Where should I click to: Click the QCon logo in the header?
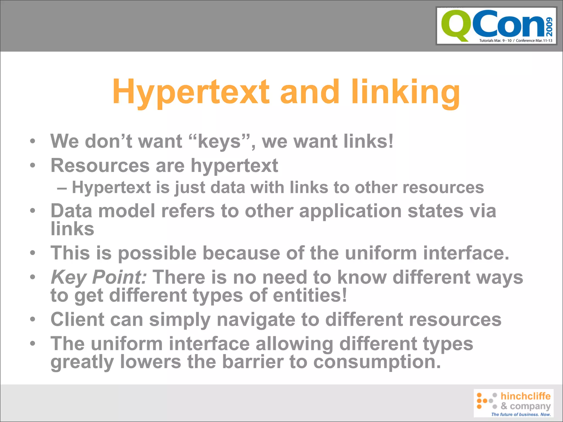(x=496, y=26)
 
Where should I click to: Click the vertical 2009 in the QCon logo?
(x=549, y=27)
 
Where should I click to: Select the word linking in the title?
(x=405, y=92)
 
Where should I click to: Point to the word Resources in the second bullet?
(x=100, y=165)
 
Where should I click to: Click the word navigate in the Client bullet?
(x=256, y=320)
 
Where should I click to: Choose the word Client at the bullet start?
(x=78, y=319)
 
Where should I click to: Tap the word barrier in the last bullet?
(x=253, y=362)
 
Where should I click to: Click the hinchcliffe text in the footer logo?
(x=525, y=396)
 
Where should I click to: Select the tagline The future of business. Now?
(x=521, y=414)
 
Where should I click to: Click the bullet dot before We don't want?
(x=33, y=141)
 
